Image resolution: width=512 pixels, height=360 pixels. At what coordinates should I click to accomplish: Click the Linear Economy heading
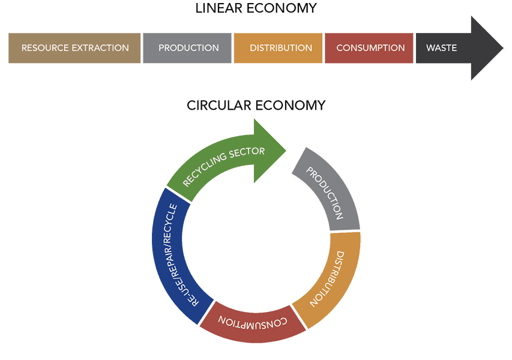click(256, 8)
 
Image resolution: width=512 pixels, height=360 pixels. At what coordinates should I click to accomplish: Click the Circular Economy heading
click(256, 106)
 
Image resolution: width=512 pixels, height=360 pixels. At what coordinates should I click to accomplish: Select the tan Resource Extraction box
click(74, 48)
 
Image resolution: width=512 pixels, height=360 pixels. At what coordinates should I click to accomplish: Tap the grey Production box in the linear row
click(187, 48)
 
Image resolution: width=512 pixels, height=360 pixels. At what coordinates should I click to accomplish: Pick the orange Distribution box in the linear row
click(278, 48)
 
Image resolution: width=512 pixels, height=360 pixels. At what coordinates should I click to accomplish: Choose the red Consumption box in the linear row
click(369, 48)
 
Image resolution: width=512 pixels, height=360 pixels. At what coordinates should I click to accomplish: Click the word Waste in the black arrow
click(441, 48)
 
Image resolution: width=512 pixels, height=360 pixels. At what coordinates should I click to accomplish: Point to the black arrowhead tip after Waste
click(503, 49)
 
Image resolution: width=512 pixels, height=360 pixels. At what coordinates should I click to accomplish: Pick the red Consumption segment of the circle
click(253, 322)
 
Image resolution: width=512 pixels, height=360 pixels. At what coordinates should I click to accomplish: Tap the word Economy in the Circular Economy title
click(291, 106)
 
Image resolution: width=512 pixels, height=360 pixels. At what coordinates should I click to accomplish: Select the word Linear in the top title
click(218, 8)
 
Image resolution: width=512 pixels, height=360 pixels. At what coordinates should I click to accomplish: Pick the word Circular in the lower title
click(220, 106)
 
